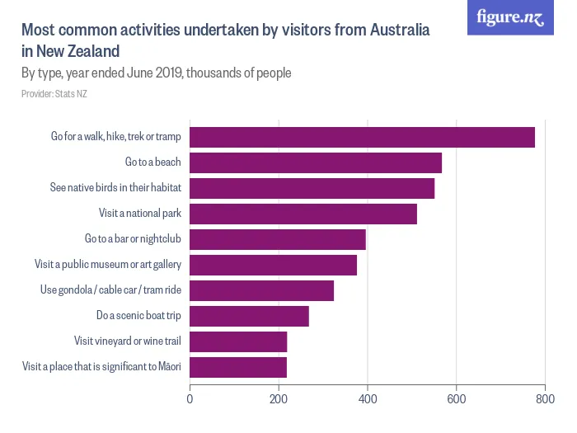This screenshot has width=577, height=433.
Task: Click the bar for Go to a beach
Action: click(316, 162)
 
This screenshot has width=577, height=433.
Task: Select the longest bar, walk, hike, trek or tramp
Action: click(362, 137)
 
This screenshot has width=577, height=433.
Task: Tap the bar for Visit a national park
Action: click(303, 214)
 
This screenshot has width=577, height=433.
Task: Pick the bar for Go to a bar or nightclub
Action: click(278, 239)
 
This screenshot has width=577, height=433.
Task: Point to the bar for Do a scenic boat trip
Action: click(249, 316)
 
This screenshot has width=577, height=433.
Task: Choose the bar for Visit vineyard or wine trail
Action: click(238, 341)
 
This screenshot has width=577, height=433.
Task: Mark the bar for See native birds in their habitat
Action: click(312, 188)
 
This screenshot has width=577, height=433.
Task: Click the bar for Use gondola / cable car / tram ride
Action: click(261, 290)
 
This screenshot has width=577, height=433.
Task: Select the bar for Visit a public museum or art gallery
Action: click(273, 265)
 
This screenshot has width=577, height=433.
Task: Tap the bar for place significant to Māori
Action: click(238, 367)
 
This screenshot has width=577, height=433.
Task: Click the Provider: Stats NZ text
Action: click(54, 93)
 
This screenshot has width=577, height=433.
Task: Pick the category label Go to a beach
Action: click(152, 162)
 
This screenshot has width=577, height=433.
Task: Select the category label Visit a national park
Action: click(139, 214)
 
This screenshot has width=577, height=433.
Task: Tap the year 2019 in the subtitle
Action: click(165, 73)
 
